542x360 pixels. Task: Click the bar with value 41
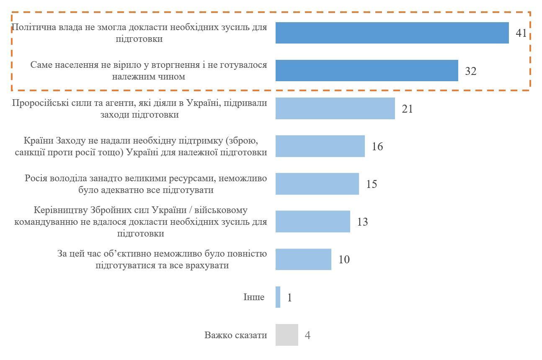tap(392, 33)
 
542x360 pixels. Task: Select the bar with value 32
tap(366, 71)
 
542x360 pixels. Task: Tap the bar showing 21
tap(335, 108)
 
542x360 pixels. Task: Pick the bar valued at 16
tap(320, 146)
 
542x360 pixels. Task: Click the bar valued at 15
tap(317, 184)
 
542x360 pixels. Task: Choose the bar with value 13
tap(312, 221)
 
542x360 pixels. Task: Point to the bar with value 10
tap(303, 259)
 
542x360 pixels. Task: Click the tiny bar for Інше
tap(278, 297)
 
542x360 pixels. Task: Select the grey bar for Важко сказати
tap(286, 335)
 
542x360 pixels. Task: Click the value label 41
tap(521, 33)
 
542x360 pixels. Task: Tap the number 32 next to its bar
tap(470, 71)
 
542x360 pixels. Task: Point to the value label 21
tap(407, 109)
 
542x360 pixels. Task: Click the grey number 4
tap(307, 335)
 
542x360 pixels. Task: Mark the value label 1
tap(289, 298)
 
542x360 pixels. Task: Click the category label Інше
tap(254, 297)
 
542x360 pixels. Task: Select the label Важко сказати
tap(235, 335)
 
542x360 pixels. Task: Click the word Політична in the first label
tap(32, 27)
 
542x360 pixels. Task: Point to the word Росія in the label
tap(36, 178)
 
